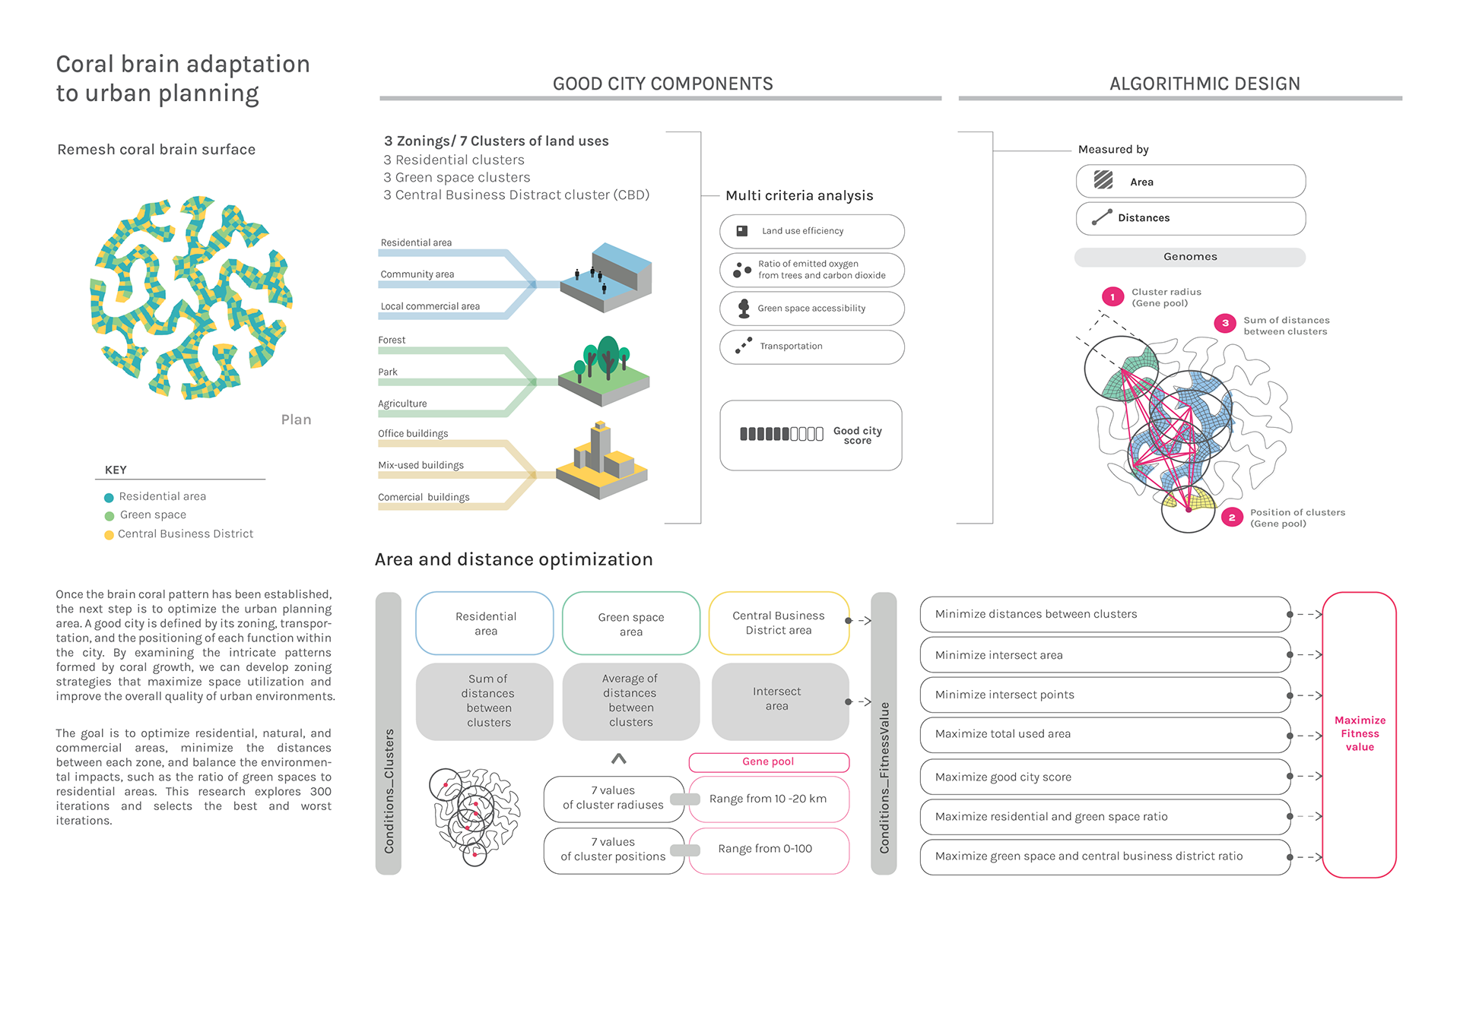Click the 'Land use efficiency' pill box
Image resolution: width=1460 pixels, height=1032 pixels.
click(811, 231)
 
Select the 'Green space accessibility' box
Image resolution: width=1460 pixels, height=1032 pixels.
click(811, 309)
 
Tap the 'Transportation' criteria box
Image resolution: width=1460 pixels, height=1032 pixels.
click(811, 347)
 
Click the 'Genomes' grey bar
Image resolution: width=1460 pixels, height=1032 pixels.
click(1189, 257)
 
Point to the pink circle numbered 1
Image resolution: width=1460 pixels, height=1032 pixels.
click(1112, 296)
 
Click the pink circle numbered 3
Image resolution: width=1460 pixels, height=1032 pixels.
click(1225, 323)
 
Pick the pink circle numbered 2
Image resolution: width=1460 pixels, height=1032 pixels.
click(1232, 518)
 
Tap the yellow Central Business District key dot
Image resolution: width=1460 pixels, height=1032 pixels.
click(109, 535)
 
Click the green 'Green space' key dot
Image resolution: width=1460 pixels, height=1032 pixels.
click(109, 516)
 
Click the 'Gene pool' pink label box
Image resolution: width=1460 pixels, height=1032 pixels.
click(768, 761)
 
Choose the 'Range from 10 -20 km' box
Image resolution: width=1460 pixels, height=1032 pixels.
click(768, 799)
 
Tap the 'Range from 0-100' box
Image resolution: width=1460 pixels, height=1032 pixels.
click(768, 850)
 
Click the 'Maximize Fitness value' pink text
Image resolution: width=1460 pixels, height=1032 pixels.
click(1360, 733)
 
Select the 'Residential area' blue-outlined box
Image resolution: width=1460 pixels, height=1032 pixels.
click(484, 623)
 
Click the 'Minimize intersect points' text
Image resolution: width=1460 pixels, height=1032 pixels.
click(1005, 695)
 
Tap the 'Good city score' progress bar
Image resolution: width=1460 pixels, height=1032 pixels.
click(781, 434)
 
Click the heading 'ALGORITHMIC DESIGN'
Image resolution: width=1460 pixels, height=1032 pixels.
click(1204, 84)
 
